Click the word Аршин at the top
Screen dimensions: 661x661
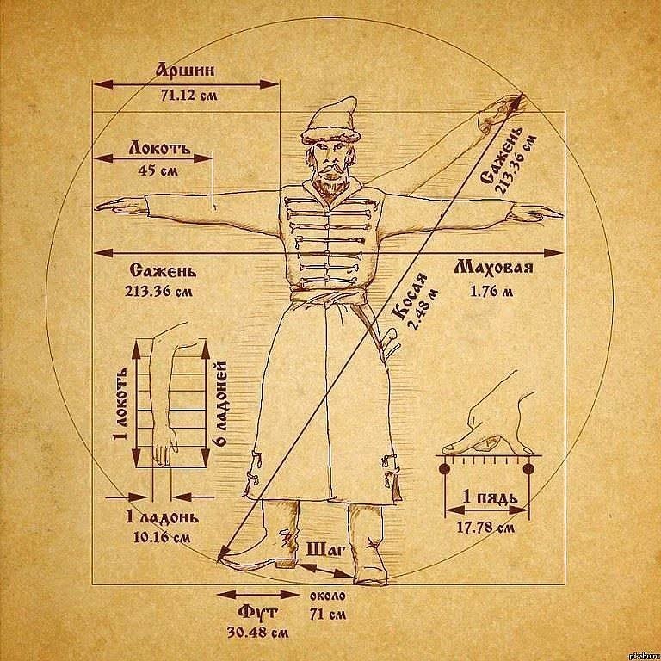pos(185,70)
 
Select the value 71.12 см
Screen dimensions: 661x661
pos(188,96)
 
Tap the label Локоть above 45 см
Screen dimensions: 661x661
pos(159,148)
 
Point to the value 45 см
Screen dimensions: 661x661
pos(158,170)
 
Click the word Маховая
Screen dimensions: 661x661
pos(494,268)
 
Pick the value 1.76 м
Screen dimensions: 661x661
pos(491,291)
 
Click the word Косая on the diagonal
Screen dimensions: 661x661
pos(410,296)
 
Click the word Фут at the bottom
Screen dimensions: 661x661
pos(257,612)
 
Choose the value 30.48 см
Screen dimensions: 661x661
pos(258,633)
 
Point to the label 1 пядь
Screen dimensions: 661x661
pos(490,497)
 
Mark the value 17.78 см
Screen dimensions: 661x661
pos(486,527)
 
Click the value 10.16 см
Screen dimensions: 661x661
pos(162,537)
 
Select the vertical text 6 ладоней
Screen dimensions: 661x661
pos(222,404)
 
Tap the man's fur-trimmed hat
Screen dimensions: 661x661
pos(330,121)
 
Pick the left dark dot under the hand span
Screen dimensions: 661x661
pos(444,469)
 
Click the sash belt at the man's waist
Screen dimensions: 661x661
pos(328,297)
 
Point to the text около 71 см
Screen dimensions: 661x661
pos(328,604)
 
